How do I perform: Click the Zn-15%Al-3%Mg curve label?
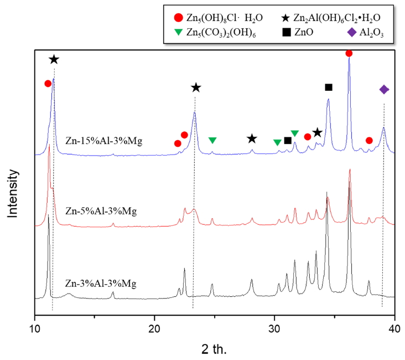click(x=103, y=141)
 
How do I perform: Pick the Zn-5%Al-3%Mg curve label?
click(x=101, y=211)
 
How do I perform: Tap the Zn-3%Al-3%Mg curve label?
click(x=101, y=283)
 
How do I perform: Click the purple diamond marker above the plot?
click(x=384, y=90)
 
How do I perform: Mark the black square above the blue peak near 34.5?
click(x=329, y=87)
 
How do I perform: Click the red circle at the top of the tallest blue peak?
click(x=349, y=53)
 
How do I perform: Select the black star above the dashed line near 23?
click(x=196, y=88)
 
